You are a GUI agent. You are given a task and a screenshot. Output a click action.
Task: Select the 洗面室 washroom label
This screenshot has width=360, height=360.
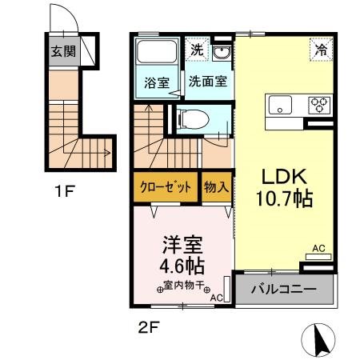click(x=206, y=82)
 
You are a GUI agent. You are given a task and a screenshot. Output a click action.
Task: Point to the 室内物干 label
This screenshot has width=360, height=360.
click(x=183, y=286)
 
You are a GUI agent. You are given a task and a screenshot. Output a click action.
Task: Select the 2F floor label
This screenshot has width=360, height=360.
click(x=146, y=326)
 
